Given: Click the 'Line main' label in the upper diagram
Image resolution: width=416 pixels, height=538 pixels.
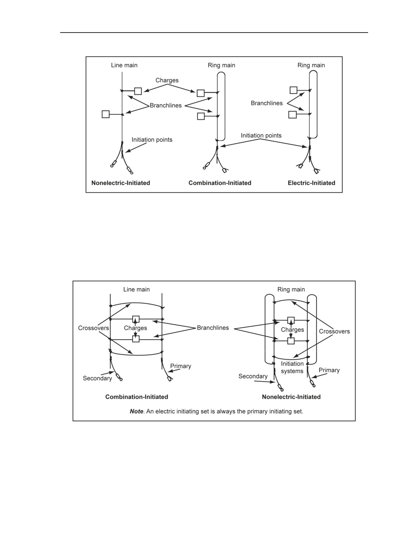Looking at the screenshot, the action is coord(124,65).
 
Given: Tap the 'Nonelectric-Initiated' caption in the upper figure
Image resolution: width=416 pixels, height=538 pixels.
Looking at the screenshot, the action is coord(121,183).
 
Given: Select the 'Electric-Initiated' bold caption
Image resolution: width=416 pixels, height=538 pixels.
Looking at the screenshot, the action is coord(312,183).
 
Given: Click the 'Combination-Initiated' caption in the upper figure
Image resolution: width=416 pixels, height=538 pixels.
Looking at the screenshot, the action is coord(220,183).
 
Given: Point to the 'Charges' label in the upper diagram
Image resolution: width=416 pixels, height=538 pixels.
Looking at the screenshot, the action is coord(167,81).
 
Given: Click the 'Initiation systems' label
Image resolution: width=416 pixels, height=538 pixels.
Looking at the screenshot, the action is coord(292,367).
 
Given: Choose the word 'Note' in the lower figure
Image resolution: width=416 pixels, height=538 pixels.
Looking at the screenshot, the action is coord(136,411).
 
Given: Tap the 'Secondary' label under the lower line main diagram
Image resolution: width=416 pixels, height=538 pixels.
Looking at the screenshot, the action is coord(97,378).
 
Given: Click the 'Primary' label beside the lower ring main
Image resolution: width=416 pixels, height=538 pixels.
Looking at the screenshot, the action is coord(329,370).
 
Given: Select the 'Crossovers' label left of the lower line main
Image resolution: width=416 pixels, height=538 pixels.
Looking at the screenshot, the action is coord(93,328).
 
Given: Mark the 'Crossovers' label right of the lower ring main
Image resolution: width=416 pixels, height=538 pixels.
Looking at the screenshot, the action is coord(334,332).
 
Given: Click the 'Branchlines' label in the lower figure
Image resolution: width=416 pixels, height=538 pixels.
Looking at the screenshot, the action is coord(213,328).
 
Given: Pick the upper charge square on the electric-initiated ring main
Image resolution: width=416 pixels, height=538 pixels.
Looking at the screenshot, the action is coord(293,90).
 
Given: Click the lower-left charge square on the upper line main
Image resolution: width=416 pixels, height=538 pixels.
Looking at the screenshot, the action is coord(105,114).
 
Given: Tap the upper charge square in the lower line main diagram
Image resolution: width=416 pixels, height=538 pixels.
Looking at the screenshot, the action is coord(136,319).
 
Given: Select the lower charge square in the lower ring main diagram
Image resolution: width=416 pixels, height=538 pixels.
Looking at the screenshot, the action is coord(291,341).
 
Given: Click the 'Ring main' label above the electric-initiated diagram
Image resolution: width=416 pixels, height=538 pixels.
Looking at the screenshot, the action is coord(311,65).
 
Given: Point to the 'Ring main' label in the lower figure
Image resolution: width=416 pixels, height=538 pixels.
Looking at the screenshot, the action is coord(291,290).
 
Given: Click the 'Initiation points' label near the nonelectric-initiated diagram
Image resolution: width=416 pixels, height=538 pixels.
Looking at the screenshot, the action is coord(152,140).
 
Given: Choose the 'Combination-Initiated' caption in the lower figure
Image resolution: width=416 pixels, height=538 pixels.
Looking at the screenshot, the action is coord(136,397).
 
